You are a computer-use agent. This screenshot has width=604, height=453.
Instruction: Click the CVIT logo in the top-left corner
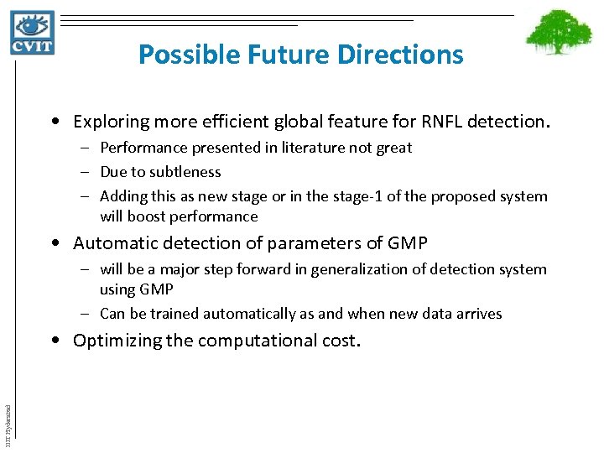[x=33, y=33]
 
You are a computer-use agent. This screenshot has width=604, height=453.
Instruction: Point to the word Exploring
[x=109, y=122]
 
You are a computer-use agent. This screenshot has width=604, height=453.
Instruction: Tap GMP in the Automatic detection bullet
[x=408, y=243]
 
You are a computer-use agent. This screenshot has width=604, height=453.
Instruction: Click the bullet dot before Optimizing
[x=55, y=341]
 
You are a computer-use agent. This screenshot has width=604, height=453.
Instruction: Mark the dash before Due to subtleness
[x=87, y=172]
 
